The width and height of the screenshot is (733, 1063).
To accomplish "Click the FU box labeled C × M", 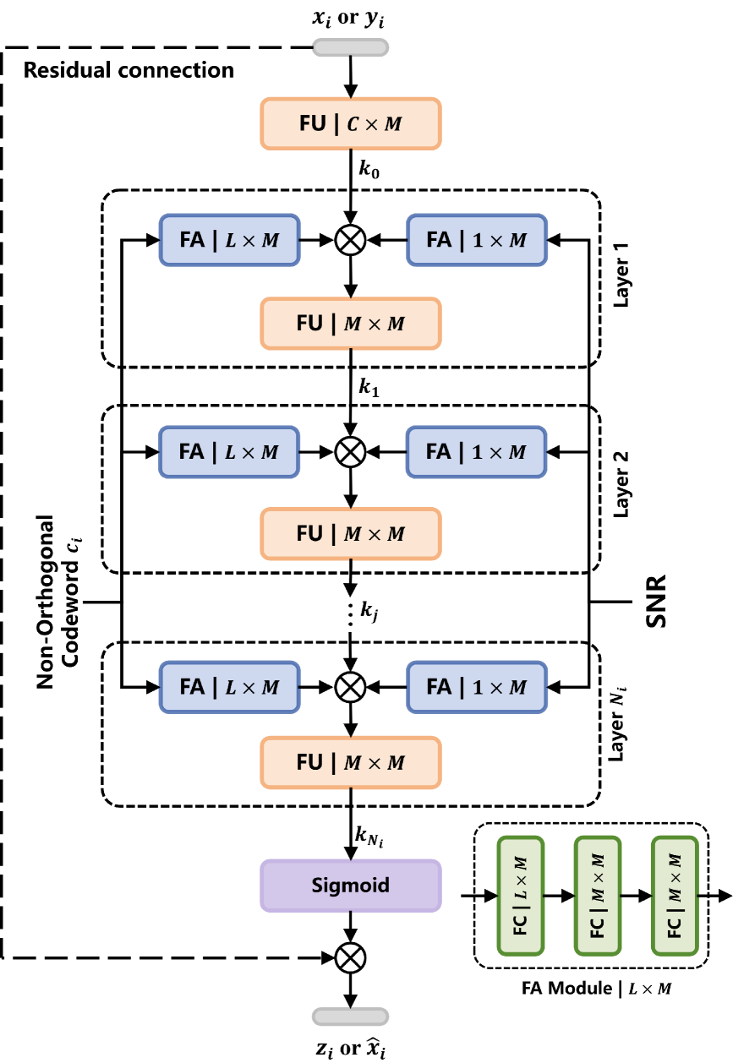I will point(351,123).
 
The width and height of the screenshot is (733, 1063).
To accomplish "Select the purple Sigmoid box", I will point(351,886).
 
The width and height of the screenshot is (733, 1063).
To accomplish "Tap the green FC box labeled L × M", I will point(520,896).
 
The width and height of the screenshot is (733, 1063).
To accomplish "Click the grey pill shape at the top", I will point(351,47).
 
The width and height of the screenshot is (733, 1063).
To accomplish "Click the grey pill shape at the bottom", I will point(351,1017).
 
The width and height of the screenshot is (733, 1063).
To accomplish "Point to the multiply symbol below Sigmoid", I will point(351,957).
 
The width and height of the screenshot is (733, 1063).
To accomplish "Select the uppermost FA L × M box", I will point(229,240).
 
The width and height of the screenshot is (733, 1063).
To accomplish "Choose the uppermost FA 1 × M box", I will point(477,240).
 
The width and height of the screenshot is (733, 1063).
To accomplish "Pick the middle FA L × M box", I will point(229,452).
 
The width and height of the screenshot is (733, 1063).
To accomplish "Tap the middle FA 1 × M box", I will point(477,452).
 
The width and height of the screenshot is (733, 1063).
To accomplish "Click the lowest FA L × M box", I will point(229,687).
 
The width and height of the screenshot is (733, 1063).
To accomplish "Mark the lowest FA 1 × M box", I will point(477,687).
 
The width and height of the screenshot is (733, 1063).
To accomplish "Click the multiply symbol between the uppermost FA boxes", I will point(351,240).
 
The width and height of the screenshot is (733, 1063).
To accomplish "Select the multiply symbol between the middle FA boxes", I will point(351,452).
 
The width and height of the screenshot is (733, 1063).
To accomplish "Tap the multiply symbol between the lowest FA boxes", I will point(351,687).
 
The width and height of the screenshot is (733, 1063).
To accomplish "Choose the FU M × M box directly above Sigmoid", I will point(351,762).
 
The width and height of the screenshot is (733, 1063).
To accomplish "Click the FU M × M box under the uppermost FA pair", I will point(351,323).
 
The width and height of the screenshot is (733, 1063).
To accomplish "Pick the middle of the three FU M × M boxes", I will point(351,533).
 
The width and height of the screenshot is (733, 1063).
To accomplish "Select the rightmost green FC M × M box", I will point(675,896).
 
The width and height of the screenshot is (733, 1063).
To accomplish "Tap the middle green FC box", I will point(598,896).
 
